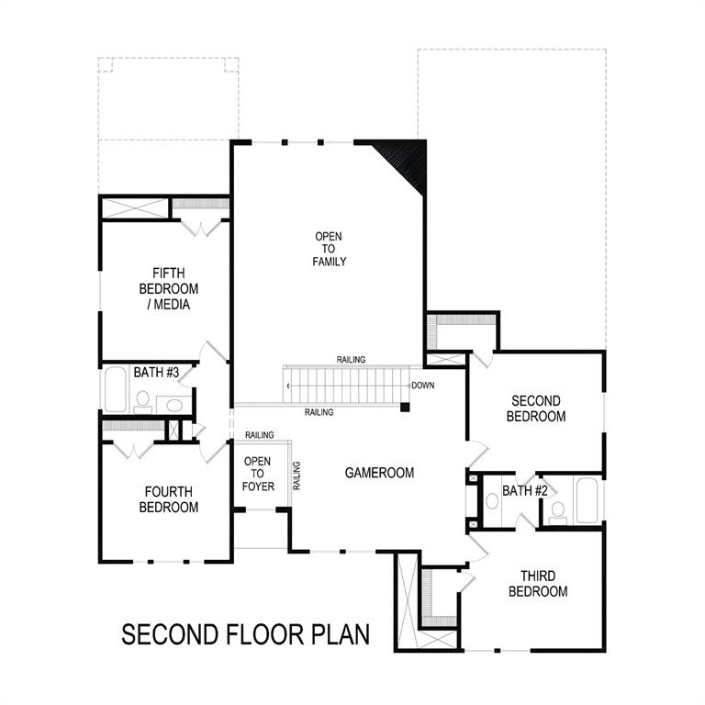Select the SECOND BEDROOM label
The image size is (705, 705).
click(536, 408)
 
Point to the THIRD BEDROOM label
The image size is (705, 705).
click(538, 584)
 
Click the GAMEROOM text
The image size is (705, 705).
click(379, 473)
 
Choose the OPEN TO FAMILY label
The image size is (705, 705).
click(329, 249)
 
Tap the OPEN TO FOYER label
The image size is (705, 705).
click(258, 473)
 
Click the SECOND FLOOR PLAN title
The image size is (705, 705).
click(245, 634)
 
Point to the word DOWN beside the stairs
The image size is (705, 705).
click(423, 386)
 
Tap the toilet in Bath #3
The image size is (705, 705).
click(142, 400)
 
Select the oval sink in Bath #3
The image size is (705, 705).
click(173, 403)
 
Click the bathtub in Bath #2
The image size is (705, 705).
click(586, 501)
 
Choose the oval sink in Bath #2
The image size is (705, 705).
click(491, 501)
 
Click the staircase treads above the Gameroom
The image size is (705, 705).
click(344, 385)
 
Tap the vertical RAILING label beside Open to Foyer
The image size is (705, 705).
click(296, 476)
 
